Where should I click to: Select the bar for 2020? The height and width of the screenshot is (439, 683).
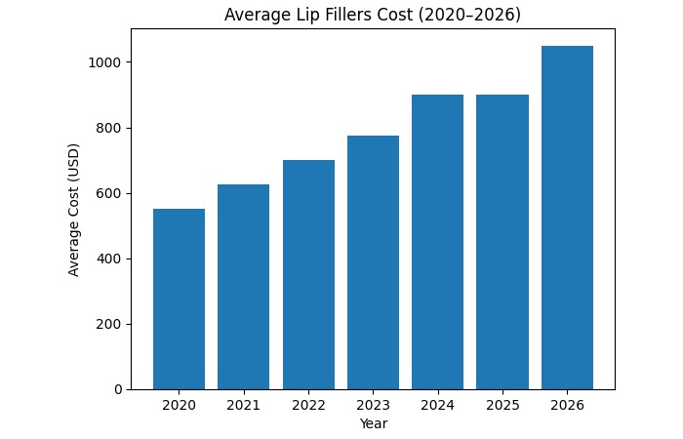pyautogui.click(x=179, y=299)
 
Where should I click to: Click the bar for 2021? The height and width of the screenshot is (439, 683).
pyautogui.click(x=243, y=287)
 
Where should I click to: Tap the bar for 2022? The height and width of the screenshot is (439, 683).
pyautogui.click(x=308, y=275)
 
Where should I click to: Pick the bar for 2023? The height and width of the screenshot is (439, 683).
pyautogui.click(x=373, y=262)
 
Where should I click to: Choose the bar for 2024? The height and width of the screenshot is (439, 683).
pyautogui.click(x=437, y=242)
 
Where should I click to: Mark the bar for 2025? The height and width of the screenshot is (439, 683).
pyautogui.click(x=502, y=242)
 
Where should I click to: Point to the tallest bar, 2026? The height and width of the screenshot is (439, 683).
pyautogui.click(x=567, y=218)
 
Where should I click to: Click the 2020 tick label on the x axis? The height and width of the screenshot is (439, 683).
pyautogui.click(x=179, y=405)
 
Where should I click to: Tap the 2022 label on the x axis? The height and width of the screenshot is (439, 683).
pyautogui.click(x=308, y=405)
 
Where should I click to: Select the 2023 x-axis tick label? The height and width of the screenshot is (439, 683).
pyautogui.click(x=373, y=405)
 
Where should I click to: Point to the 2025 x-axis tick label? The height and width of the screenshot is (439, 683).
pyautogui.click(x=502, y=405)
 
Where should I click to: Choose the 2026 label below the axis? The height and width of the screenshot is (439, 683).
pyautogui.click(x=567, y=405)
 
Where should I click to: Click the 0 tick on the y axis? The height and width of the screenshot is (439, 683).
pyautogui.click(x=117, y=389)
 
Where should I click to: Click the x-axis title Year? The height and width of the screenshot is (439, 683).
pyautogui.click(x=373, y=423)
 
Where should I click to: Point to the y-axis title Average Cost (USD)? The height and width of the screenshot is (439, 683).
pyautogui.click(x=74, y=210)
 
